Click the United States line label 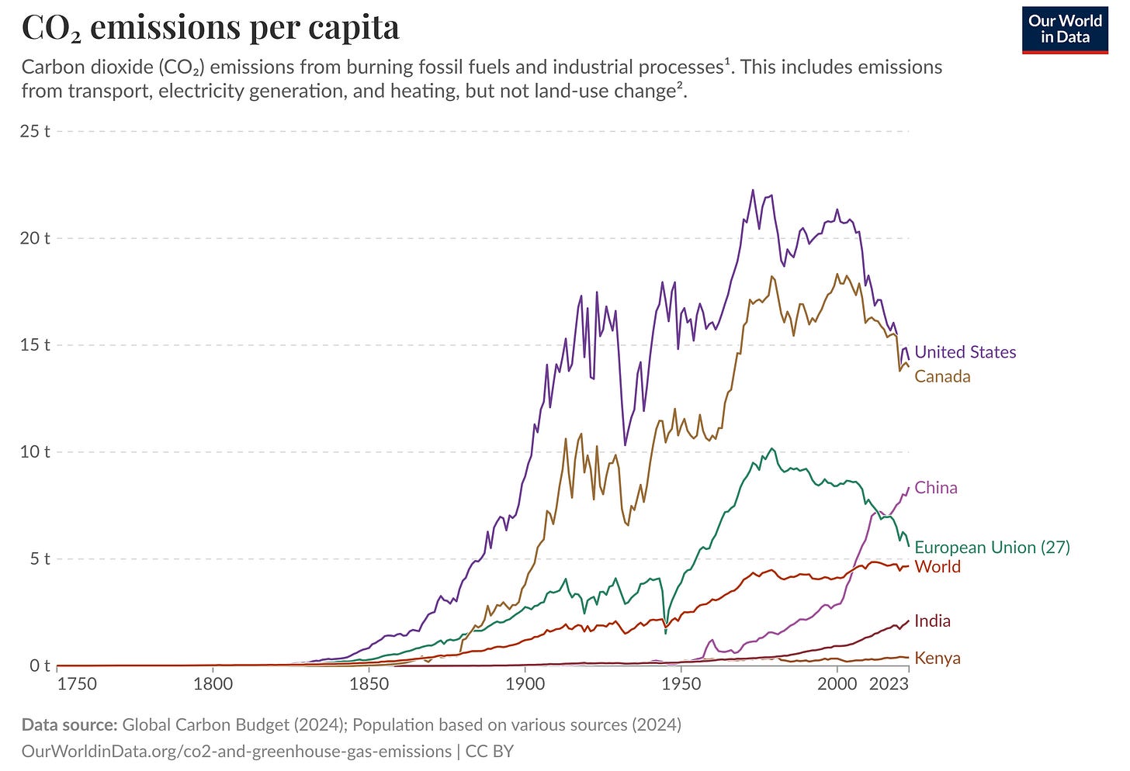(x=965, y=352)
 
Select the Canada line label (x=942, y=376)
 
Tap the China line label (x=936, y=488)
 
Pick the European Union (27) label (x=992, y=548)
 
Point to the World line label (x=938, y=567)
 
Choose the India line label (x=932, y=621)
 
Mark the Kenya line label (x=938, y=659)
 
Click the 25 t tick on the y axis (x=35, y=131)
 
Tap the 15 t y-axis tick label (x=35, y=345)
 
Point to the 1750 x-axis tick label (x=77, y=683)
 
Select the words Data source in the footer (x=69, y=724)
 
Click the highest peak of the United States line (x=752, y=190)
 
